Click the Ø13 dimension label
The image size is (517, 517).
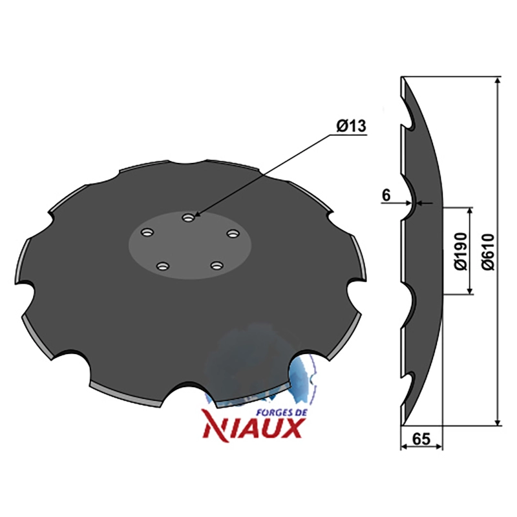pos(351,126)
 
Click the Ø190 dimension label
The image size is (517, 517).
pos(461,251)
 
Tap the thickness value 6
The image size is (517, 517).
pos(386,195)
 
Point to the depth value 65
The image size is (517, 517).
pos(421,439)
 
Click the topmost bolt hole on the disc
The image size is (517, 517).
pos(188,218)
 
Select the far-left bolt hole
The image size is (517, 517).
pos(147,233)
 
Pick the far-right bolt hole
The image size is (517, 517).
pos(233,233)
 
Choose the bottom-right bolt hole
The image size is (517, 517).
pos(217,265)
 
